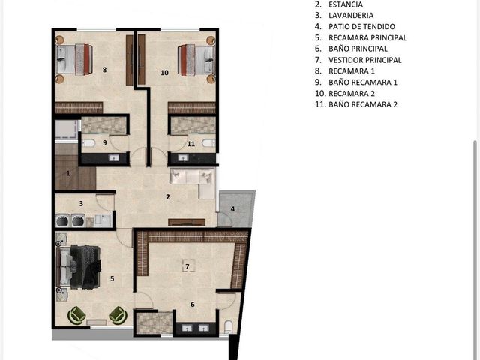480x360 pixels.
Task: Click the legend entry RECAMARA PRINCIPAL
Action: point(367,37)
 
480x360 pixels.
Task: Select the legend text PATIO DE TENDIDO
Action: point(361,27)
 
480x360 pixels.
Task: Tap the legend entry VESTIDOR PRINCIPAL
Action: point(365,60)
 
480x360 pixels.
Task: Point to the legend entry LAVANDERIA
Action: point(351,15)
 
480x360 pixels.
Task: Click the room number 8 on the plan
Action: point(105,70)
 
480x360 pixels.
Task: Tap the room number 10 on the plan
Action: point(165,73)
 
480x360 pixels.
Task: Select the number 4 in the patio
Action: point(232,209)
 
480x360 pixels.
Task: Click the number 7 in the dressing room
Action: point(187,267)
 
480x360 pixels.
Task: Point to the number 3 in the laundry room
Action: point(81,203)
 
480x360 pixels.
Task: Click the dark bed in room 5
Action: point(78,267)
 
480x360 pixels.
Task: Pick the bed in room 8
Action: point(74,59)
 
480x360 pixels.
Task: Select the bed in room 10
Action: point(196,60)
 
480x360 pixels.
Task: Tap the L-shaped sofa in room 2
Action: point(193,181)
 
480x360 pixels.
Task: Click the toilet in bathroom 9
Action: point(88,143)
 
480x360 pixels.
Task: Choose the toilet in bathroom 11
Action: point(208,143)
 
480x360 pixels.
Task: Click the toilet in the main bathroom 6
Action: point(228,326)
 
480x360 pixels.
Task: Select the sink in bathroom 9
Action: point(115,158)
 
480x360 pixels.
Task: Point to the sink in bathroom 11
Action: point(183,158)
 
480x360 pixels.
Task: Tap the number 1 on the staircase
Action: point(68,173)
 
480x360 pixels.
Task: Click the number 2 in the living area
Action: point(168,197)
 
